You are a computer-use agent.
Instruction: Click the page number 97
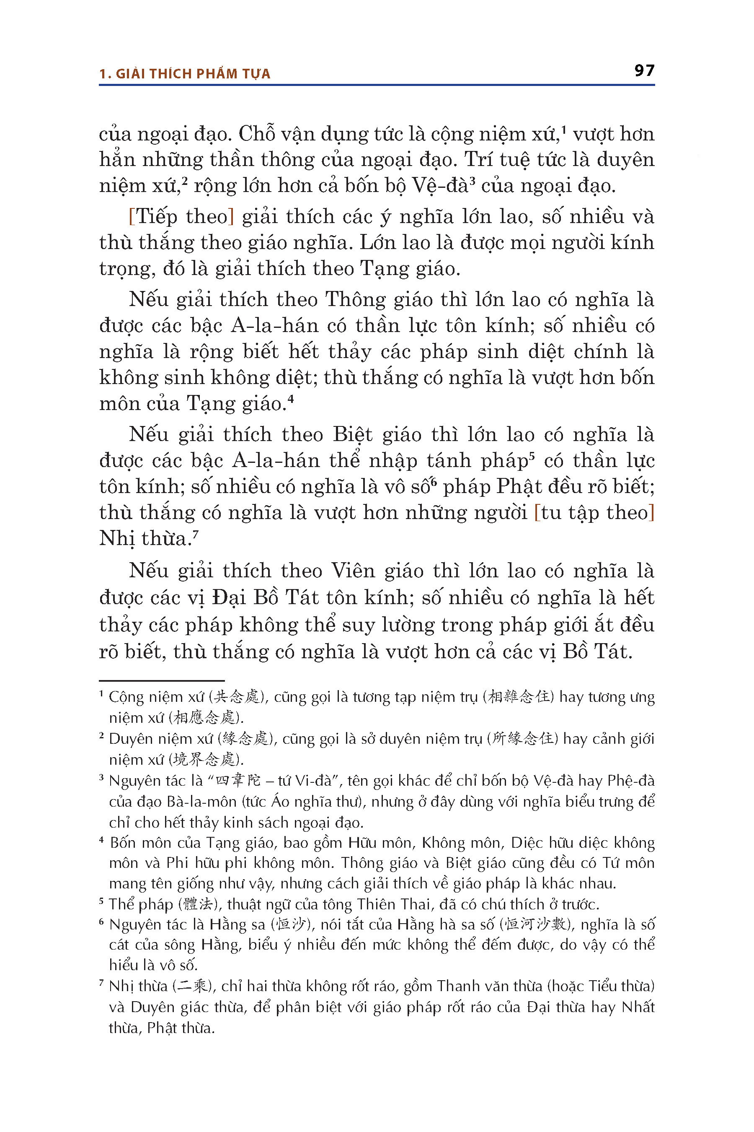point(644,71)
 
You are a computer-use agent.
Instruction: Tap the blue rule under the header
point(377,85)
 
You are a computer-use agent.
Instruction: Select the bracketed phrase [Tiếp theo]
point(181,217)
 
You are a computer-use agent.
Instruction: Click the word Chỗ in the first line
point(257,134)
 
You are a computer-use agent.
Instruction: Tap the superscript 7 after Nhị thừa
point(196,534)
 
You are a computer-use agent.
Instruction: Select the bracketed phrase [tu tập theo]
point(594,513)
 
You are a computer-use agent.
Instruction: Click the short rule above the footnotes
point(162,680)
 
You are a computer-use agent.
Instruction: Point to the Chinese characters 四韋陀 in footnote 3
point(238,780)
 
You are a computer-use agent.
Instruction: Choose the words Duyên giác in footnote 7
point(168,1007)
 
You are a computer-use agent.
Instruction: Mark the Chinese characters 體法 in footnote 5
point(198,904)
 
